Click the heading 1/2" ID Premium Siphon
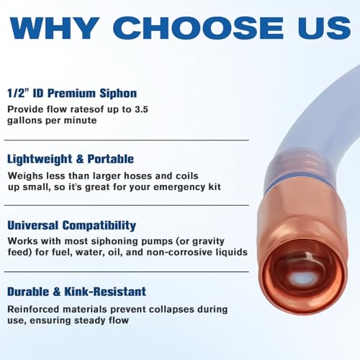point(72,92)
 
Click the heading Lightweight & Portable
point(71,158)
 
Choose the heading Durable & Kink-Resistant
point(77,292)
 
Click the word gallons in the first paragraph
point(28,122)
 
